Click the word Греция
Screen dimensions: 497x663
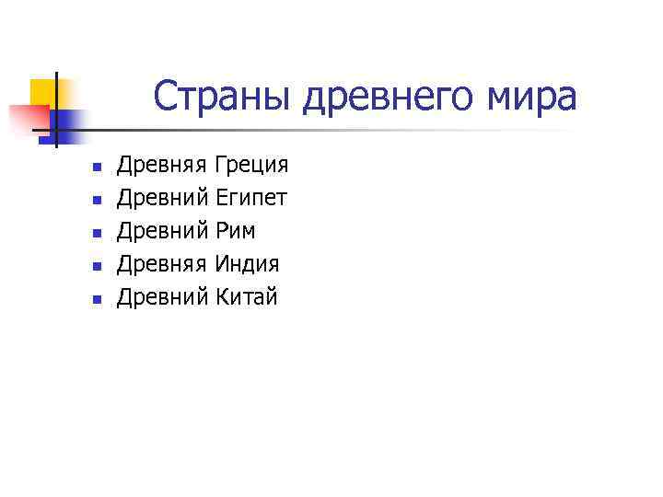250,166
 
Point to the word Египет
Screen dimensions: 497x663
250,199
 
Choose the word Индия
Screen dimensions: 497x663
247,264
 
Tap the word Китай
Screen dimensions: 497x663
246,296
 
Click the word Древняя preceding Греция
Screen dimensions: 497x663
161,166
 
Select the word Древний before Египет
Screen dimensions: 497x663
161,199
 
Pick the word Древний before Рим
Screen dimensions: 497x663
161,231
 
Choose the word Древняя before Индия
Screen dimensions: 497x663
161,264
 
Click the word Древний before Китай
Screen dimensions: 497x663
161,296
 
